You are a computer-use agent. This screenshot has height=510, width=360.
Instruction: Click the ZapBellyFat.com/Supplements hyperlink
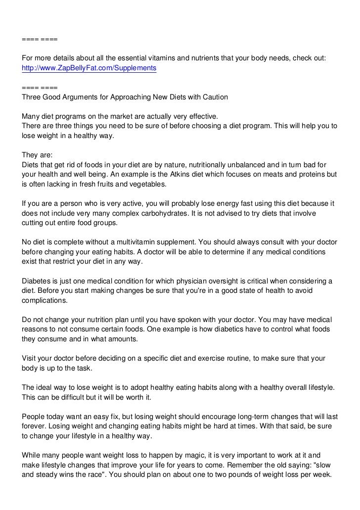pyautogui.click(x=89, y=68)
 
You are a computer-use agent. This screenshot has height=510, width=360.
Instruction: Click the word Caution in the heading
pyautogui.click(x=214, y=97)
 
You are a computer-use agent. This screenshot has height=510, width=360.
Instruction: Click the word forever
pyautogui.click(x=34, y=426)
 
